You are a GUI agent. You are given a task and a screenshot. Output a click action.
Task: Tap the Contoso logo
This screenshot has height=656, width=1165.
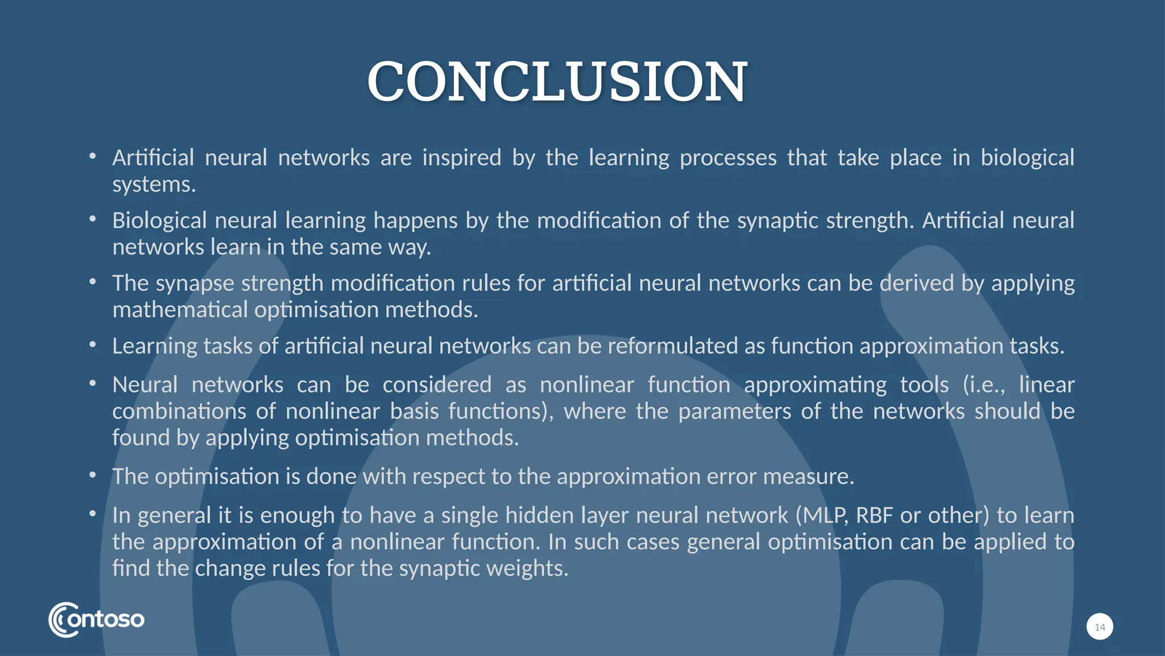click(96, 620)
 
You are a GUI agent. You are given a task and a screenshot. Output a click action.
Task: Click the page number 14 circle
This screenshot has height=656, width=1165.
click(1100, 627)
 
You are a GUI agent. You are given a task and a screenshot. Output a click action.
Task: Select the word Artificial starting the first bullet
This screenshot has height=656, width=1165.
click(153, 158)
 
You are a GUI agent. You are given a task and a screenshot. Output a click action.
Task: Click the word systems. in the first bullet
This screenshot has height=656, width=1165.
click(154, 184)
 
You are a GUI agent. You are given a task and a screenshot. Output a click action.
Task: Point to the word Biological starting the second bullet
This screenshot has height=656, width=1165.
click(159, 220)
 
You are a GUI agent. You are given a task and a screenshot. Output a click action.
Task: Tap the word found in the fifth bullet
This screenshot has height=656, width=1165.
click(141, 438)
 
